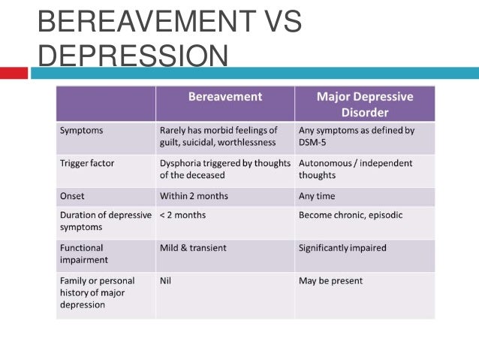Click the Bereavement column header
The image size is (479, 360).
coord(224,97)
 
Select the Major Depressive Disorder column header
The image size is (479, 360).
coord(364,104)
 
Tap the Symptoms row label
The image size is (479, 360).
coord(82,130)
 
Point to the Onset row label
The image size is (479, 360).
coord(73,195)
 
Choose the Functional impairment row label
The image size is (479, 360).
coord(83,253)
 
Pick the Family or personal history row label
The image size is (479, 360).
coord(93,292)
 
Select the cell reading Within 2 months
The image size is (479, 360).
coord(194,195)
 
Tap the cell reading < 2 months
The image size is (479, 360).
coord(182,215)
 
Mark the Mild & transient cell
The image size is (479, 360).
coord(193,247)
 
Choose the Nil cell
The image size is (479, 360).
coord(166,280)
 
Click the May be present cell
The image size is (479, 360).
coord(330,280)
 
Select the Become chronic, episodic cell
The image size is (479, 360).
coord(351,215)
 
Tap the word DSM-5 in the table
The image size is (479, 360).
coord(314,143)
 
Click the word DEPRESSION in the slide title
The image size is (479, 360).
coord(132,57)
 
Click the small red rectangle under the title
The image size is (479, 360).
coord(14,73)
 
